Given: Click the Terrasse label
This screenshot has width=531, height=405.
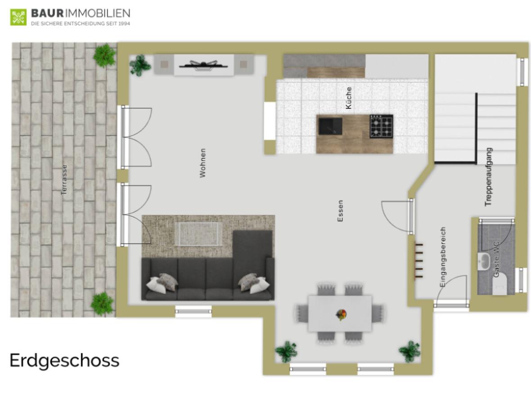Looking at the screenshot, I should [64, 179].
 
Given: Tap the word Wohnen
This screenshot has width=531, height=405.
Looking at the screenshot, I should [203, 163].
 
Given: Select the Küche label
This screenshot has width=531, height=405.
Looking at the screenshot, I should [349, 98].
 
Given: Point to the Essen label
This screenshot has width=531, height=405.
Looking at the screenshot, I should [340, 211].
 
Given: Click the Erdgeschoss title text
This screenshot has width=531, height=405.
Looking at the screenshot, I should [64, 360].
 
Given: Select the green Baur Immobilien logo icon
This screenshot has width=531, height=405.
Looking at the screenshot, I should [18, 17].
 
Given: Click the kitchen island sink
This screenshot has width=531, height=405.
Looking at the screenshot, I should [330, 126].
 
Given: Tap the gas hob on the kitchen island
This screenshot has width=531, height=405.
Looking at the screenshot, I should [381, 126].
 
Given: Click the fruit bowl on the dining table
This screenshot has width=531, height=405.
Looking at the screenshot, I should [341, 314].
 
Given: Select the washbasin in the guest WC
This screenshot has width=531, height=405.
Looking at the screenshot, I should [484, 260].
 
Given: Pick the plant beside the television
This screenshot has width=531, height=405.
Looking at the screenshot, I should [140, 65].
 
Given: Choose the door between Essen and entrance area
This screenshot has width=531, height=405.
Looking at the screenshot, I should [396, 215].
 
